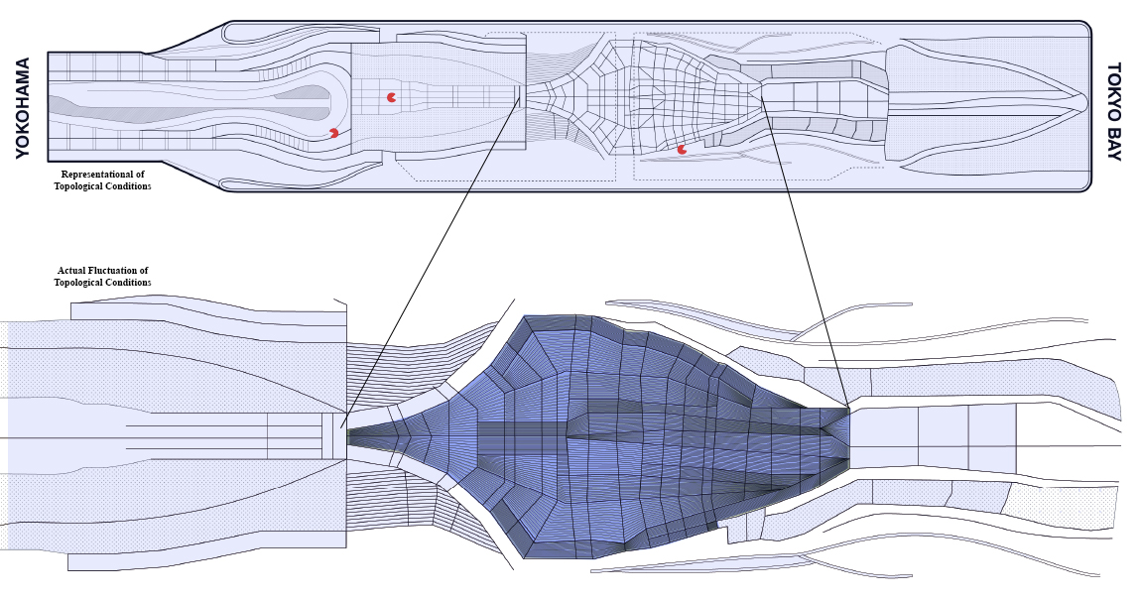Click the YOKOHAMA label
click(x=23, y=107)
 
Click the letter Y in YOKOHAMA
click(x=23, y=151)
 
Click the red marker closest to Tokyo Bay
click(x=682, y=150)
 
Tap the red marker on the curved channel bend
click(x=333, y=133)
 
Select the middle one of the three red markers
click(x=391, y=97)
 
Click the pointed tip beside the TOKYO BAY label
click(x=1083, y=102)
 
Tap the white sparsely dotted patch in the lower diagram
click(x=1062, y=506)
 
